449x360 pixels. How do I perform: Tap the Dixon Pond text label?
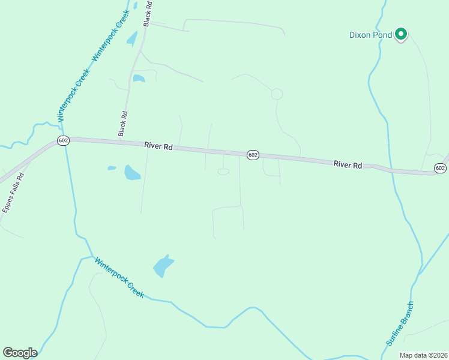click(370, 35)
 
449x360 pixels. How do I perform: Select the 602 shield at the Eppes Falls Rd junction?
click(64, 140)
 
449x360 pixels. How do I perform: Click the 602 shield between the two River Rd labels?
click(253, 155)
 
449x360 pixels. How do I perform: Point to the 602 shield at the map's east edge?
click(440, 168)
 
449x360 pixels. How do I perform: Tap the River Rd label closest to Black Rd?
click(158, 146)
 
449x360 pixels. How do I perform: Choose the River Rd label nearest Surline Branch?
click(348, 164)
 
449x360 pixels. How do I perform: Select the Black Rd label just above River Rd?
click(123, 122)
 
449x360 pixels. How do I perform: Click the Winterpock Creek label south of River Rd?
click(120, 278)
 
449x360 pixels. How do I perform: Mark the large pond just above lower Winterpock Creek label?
click(162, 265)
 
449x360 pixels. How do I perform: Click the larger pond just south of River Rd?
click(131, 173)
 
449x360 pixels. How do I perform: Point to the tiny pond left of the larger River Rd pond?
click(112, 168)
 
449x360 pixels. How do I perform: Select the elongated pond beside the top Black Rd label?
click(131, 39)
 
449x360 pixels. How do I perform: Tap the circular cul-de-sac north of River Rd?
click(277, 94)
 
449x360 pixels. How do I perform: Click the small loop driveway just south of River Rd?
click(223, 172)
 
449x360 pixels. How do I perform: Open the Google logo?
click(20, 353)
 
